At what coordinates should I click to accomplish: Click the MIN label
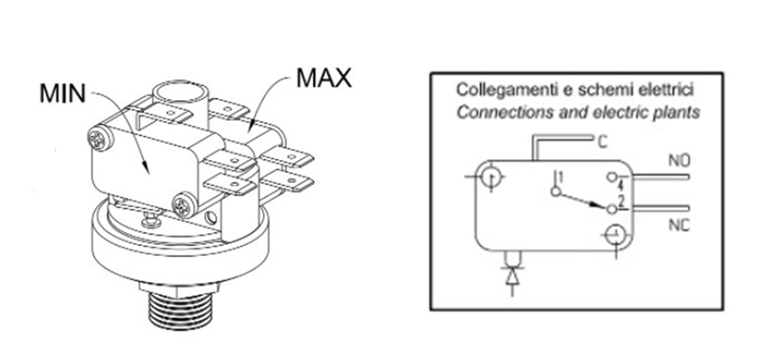pos(62,94)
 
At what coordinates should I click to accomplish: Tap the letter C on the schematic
pos(602,142)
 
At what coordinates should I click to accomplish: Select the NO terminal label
pos(679,161)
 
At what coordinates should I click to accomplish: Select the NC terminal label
pos(679,225)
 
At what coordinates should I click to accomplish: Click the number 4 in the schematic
pos(621,185)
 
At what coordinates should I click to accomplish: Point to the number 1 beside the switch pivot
pos(560,176)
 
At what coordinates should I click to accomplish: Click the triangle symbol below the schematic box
pos(512,276)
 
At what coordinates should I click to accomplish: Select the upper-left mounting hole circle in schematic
pos(491,177)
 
